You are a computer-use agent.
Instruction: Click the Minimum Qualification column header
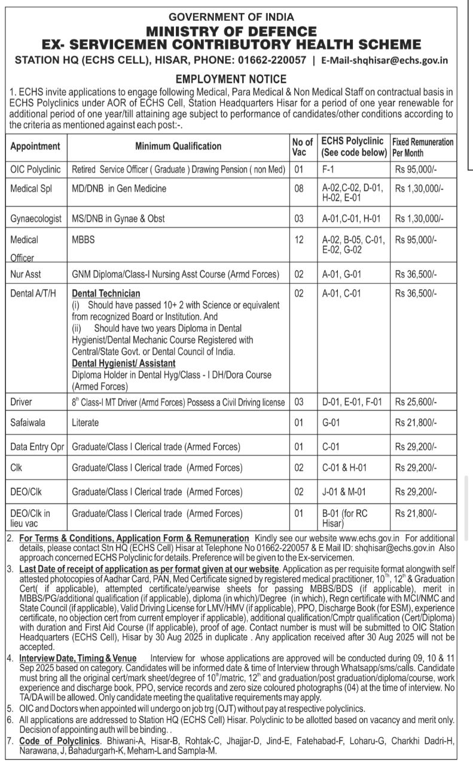tap(178, 146)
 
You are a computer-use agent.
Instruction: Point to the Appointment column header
tap(35, 146)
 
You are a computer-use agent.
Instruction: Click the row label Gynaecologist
tap(36, 219)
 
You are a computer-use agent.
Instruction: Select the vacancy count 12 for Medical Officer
tap(299, 240)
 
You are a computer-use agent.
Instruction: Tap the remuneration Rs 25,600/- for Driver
tap(416, 402)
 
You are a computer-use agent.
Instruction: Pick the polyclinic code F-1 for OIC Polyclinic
tap(328, 169)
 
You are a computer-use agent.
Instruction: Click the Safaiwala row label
tap(28, 423)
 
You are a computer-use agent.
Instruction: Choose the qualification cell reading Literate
tap(85, 423)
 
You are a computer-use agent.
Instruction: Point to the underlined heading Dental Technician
tap(106, 293)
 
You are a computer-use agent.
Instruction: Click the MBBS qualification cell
tap(83, 240)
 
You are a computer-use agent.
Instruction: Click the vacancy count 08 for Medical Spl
tap(299, 189)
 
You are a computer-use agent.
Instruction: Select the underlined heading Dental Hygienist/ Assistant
tap(124, 363)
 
